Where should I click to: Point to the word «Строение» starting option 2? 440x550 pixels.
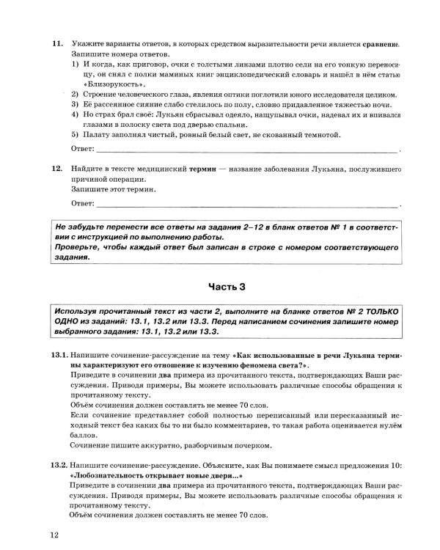click(99, 95)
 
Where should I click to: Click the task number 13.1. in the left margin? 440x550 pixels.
click(59, 355)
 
